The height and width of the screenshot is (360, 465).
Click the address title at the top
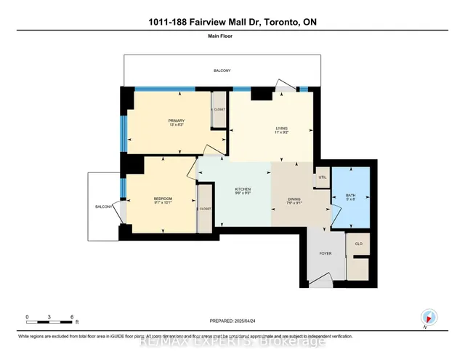pos(232,23)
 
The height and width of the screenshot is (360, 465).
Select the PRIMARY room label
pos(177,121)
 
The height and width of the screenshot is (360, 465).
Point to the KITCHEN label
pos(243,191)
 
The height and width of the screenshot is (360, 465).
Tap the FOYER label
pos(325,255)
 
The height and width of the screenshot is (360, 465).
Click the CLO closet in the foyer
pos(357,245)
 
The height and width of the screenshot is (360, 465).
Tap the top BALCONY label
pos(222,71)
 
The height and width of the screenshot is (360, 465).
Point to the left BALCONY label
pos(102,207)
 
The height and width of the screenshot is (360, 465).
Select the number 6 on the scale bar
pos(72,317)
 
